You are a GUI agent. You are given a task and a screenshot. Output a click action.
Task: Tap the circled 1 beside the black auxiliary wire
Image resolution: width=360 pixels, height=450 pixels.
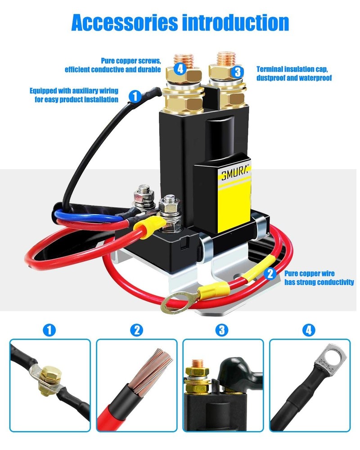tap(135, 96)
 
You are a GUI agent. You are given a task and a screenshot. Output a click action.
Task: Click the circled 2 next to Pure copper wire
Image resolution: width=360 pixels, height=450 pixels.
tap(270, 273)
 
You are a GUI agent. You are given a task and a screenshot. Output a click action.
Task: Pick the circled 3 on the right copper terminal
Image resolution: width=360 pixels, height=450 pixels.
tap(238, 72)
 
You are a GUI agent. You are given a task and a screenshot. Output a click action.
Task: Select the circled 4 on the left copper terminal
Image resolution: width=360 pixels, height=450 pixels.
tap(180, 69)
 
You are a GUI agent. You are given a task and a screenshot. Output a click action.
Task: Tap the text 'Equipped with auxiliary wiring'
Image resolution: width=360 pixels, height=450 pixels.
tap(74, 90)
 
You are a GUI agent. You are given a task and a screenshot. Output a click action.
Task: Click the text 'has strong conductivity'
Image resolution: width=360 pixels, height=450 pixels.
tap(319, 282)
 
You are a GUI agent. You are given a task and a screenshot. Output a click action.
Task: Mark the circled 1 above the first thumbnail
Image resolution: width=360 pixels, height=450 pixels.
tap(49, 330)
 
